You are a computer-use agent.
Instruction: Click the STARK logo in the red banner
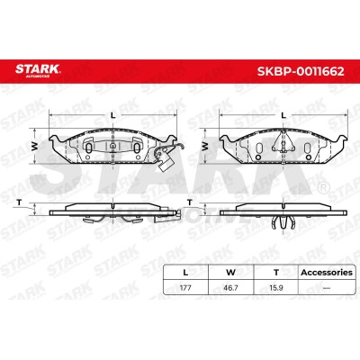click(x=38, y=69)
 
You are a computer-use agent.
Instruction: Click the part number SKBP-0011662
click(x=301, y=71)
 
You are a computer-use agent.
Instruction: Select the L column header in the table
click(x=185, y=273)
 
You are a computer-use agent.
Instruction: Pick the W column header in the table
click(x=230, y=273)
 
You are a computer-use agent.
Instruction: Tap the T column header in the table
click(x=276, y=273)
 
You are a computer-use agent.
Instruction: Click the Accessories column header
click(x=327, y=273)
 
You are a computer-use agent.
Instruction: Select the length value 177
click(x=185, y=288)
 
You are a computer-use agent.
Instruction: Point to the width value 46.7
click(x=230, y=288)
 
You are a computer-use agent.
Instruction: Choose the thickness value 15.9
click(x=276, y=288)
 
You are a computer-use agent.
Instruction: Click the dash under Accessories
click(x=327, y=288)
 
